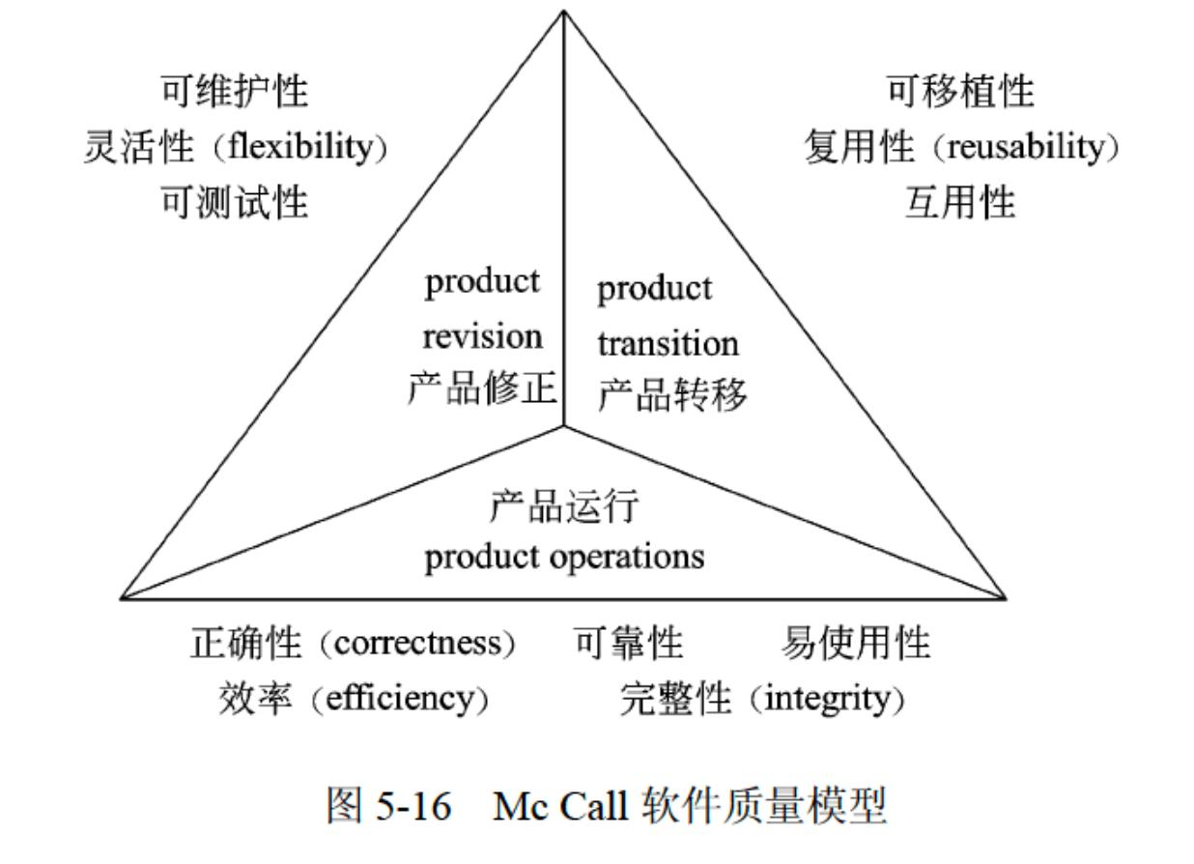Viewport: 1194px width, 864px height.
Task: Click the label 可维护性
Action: pyautogui.click(x=235, y=92)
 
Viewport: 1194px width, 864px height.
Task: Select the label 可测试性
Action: pyautogui.click(x=235, y=203)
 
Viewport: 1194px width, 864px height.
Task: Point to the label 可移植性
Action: pyautogui.click(x=960, y=92)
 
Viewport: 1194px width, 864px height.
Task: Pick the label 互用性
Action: pyautogui.click(x=960, y=203)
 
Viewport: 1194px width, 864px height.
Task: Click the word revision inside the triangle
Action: pyautogui.click(x=482, y=337)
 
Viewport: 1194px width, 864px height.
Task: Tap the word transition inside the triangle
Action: pyautogui.click(x=668, y=343)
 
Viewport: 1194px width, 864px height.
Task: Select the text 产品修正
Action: pyautogui.click(x=482, y=389)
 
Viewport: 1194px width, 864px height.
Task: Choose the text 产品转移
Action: pyautogui.click(x=672, y=395)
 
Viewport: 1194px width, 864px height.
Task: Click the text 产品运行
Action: pyautogui.click(x=564, y=505)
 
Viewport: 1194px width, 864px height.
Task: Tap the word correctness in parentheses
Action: pyautogui.click(x=416, y=644)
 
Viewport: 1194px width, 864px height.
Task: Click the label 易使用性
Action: pyautogui.click(x=855, y=644)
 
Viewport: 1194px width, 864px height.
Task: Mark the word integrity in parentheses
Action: pyautogui.click(x=825, y=698)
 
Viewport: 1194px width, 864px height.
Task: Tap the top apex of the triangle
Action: pyautogui.click(x=564, y=11)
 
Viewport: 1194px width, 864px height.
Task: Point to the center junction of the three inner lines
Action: pyautogui.click(x=564, y=426)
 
